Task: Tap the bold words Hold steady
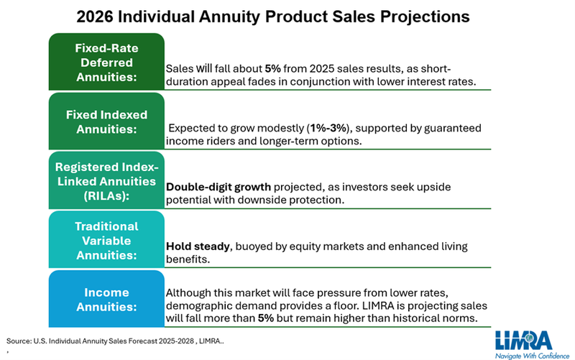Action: click(198, 246)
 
